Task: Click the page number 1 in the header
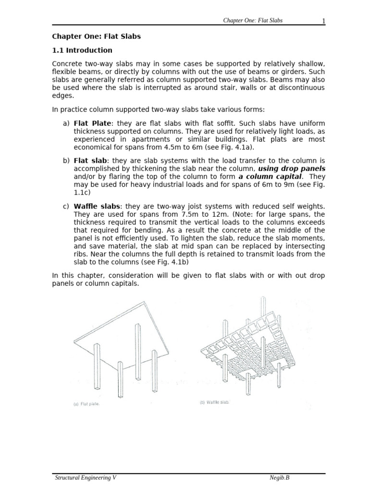324,20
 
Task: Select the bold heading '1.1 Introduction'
82,50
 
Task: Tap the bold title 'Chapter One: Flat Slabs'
96,37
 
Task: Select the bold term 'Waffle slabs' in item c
97,207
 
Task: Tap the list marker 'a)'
66,124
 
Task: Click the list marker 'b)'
66,160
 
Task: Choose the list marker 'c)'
66,207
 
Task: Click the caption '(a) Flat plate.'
86,404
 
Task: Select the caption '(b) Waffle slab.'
214,402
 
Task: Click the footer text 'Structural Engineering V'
85,478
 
